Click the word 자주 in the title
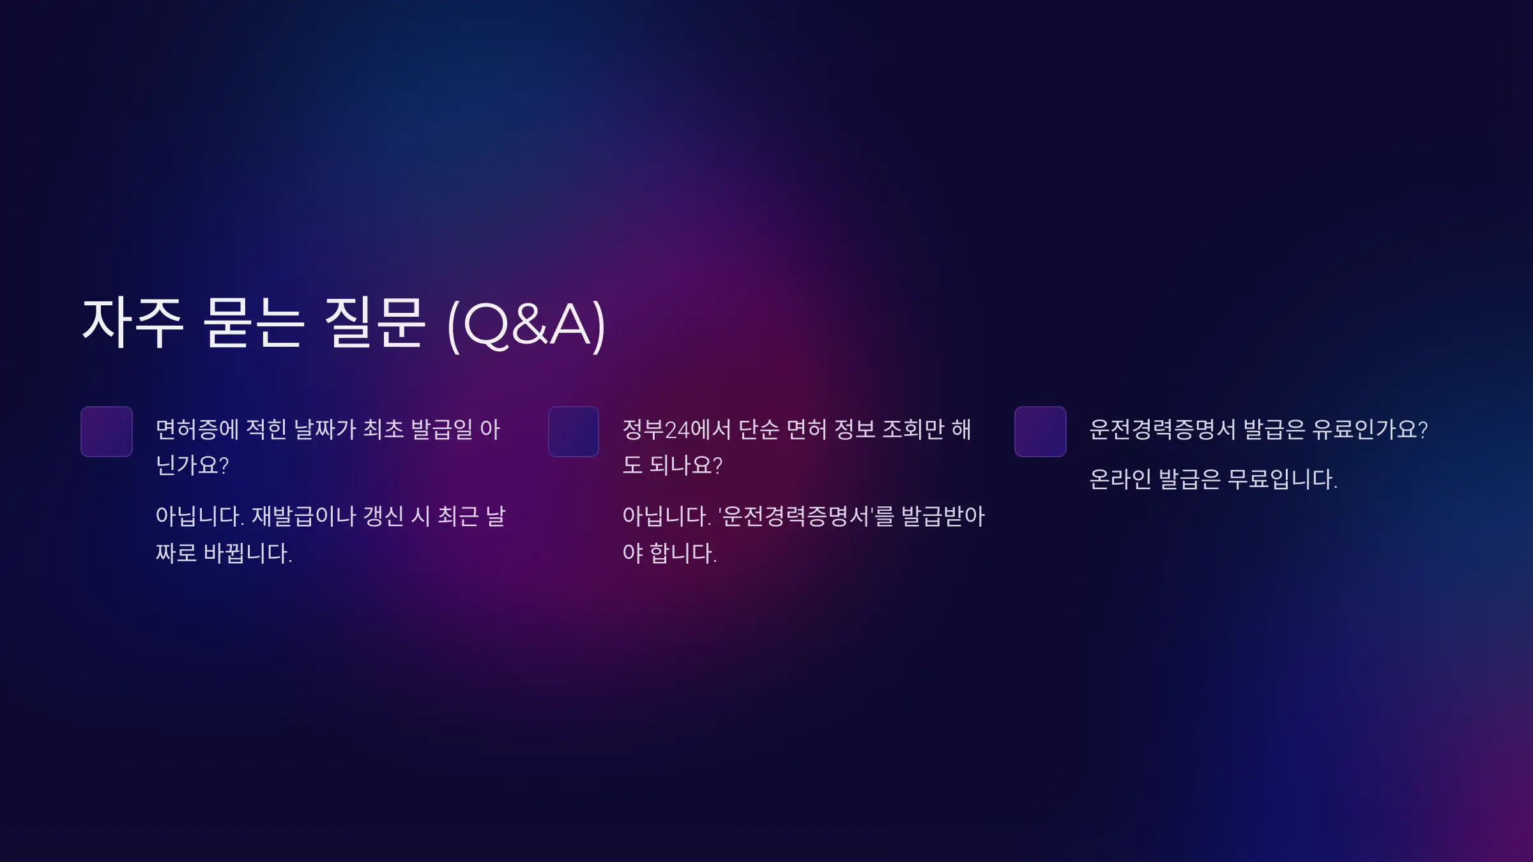point(133,323)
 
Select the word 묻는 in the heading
point(253,323)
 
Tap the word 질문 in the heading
point(374,323)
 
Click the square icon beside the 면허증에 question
point(107,432)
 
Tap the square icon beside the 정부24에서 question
point(574,432)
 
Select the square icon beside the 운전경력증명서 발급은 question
point(1040,432)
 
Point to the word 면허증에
point(197,429)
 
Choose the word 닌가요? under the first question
point(192,465)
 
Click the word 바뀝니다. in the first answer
point(248,553)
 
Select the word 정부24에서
point(676,429)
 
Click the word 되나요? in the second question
point(686,465)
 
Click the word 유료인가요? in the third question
point(1370,429)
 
